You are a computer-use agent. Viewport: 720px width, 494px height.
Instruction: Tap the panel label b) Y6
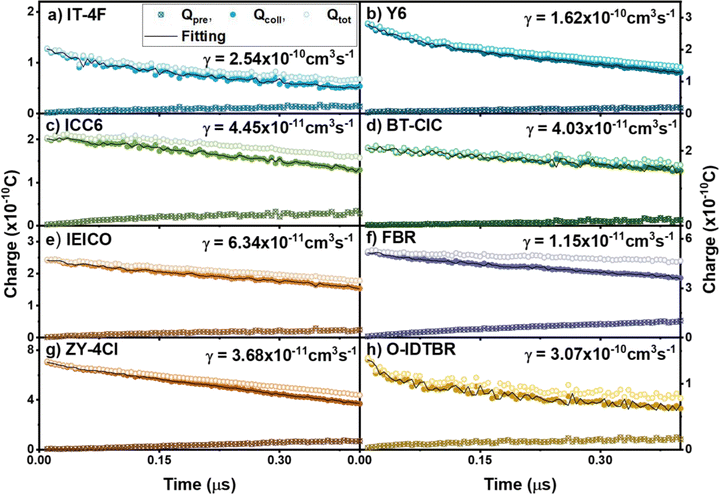point(395,14)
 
